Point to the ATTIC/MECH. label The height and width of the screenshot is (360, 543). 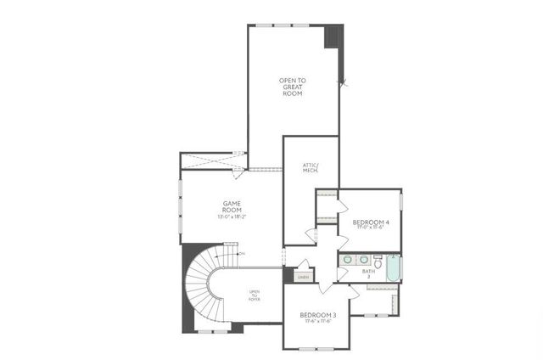pos(310,168)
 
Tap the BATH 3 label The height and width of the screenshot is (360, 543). pos(367,273)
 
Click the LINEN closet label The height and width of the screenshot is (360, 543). pos(303,277)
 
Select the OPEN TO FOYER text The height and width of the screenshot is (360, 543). pos(254,295)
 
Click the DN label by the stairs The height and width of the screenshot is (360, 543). pos(242,254)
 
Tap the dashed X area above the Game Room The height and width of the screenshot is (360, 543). pos(209,160)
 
